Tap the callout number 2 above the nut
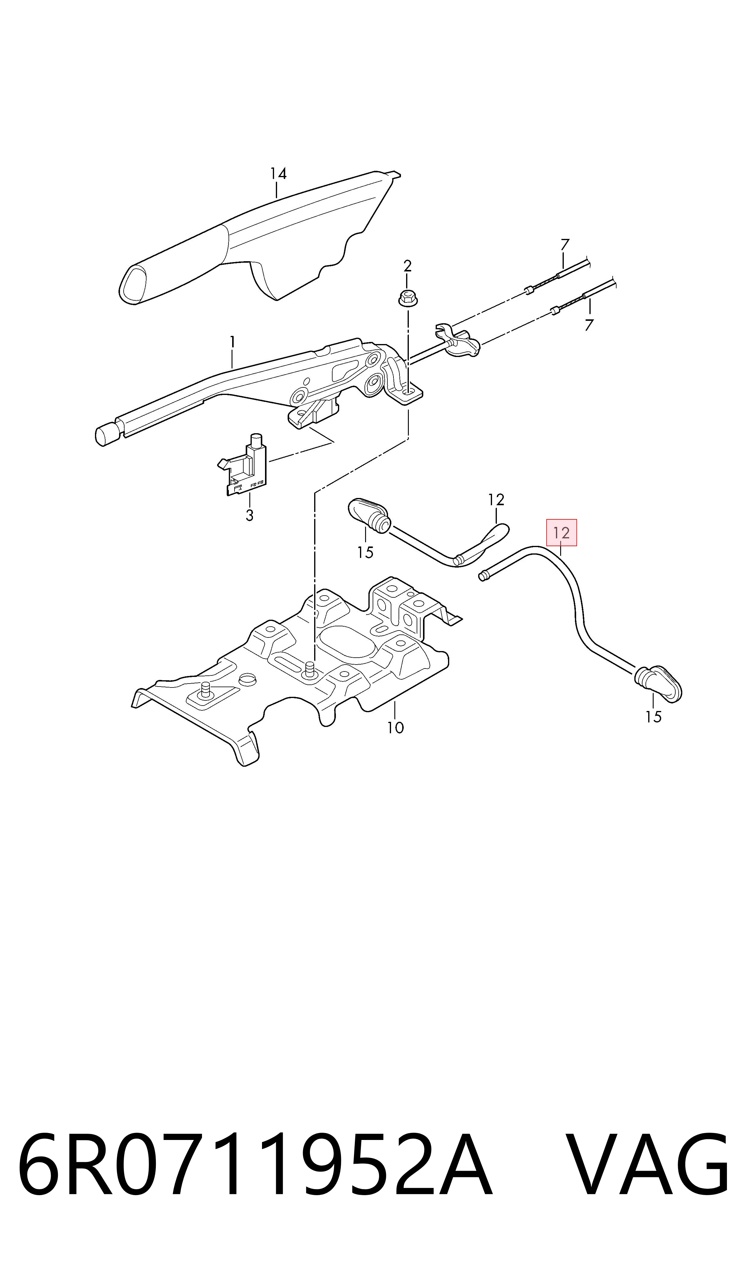[x=407, y=266]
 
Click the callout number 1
[x=232, y=343]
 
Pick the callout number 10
[x=396, y=728]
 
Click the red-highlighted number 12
[x=561, y=533]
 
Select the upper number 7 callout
[x=565, y=245]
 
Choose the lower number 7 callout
[x=589, y=325]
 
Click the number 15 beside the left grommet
[x=365, y=553]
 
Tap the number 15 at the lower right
[x=653, y=717]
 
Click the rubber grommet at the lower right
[x=658, y=683]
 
